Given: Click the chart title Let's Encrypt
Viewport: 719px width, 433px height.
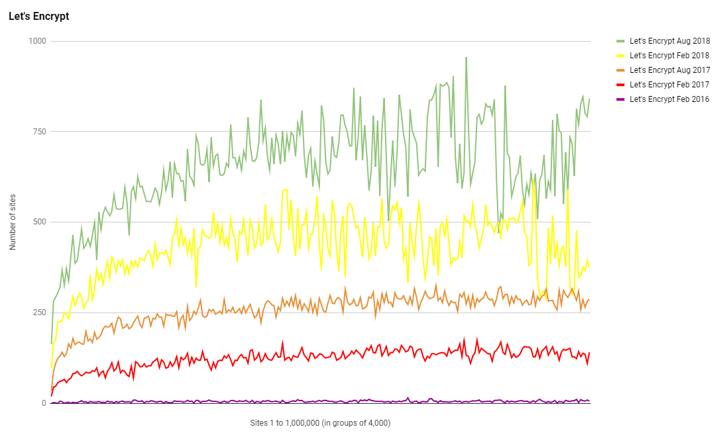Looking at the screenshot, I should pos(38,17).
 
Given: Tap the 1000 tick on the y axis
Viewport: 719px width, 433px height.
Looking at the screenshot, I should pos(37,41).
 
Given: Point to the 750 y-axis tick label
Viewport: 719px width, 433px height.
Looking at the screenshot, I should pos(39,132).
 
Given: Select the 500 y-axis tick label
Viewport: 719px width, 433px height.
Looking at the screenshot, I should pos(39,222).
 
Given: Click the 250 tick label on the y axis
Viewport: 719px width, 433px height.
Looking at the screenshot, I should pos(39,313).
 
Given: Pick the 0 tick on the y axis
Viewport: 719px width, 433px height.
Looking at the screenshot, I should pos(44,403).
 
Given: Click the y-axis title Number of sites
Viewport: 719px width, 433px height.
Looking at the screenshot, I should pos(13,223).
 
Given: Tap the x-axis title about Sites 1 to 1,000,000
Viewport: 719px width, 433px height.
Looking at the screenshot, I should pos(320,422).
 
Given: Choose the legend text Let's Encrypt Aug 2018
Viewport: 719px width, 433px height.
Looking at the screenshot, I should pos(669,41).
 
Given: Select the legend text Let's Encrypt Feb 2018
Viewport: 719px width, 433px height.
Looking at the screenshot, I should pos(669,56).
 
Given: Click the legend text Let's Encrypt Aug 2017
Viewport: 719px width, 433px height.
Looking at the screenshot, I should pos(669,70).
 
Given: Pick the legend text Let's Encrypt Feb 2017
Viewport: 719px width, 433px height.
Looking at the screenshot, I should pos(669,85).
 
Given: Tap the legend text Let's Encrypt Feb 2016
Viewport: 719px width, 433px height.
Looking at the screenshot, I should pos(669,99).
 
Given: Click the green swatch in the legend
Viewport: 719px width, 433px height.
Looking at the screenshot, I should pos(620,41).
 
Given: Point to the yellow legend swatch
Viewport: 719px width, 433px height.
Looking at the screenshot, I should pos(620,56).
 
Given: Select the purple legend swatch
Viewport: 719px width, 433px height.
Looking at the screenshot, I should pos(620,99).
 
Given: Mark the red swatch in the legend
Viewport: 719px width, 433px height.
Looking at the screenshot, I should pos(620,85).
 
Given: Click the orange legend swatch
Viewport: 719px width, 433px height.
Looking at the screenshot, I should pos(620,70).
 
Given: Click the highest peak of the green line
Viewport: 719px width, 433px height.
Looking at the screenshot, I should pos(466,58).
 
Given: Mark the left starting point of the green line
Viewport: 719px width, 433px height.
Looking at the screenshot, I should pos(51,344).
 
